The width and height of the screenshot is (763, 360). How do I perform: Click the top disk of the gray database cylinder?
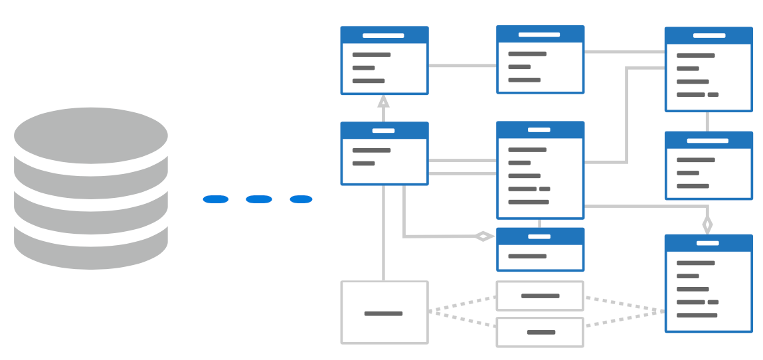91,135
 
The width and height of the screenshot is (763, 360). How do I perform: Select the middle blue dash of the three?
259,199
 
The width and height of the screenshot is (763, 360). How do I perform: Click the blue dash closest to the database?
216,199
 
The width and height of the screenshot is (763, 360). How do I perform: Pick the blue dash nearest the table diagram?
301,199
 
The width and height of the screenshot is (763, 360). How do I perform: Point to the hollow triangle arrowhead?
383,102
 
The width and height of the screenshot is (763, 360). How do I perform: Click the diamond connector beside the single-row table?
483,236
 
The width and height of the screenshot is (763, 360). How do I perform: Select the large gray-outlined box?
384,312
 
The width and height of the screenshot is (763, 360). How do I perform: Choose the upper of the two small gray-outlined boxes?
540,296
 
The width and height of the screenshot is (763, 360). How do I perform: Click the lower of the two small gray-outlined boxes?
540,332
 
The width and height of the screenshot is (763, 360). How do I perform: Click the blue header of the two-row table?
384,130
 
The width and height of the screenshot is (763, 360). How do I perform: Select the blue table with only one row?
541,250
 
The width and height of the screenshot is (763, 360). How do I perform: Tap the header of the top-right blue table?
709,36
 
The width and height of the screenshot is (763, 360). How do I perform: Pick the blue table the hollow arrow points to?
384,60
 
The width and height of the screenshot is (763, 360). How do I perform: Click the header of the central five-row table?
541,130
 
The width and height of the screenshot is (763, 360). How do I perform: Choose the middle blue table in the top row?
541,59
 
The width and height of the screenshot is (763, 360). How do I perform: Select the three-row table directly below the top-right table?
709,165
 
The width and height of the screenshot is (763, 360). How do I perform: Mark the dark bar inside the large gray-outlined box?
383,314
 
